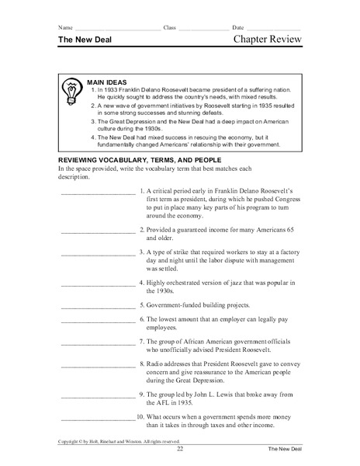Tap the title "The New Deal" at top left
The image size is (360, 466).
pyautogui.click(x=85, y=42)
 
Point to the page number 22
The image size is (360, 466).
pyautogui.click(x=180, y=450)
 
